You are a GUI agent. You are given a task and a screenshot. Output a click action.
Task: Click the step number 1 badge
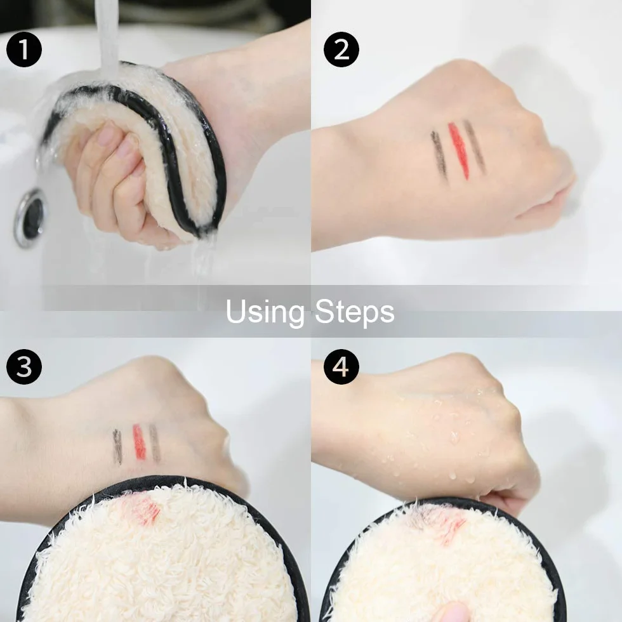point(24,50)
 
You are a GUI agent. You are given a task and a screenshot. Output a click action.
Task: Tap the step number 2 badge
point(341,50)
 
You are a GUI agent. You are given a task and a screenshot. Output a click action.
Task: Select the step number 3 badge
point(24,367)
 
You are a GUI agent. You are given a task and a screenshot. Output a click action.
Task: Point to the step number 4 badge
point(341,367)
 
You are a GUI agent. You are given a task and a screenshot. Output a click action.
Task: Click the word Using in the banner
point(265,312)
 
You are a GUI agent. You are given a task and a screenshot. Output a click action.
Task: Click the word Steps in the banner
point(355,312)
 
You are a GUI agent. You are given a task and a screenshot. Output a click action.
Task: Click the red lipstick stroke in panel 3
point(139,442)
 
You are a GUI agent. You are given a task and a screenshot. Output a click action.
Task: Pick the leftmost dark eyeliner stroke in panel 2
point(439,155)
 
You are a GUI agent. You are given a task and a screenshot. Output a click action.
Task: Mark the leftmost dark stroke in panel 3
point(117,447)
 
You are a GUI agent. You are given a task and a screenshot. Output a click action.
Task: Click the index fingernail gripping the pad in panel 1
point(107,134)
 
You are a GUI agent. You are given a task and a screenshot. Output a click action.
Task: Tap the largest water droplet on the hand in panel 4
point(453,437)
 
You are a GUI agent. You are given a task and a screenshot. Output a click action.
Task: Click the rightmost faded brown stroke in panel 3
point(155,443)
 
